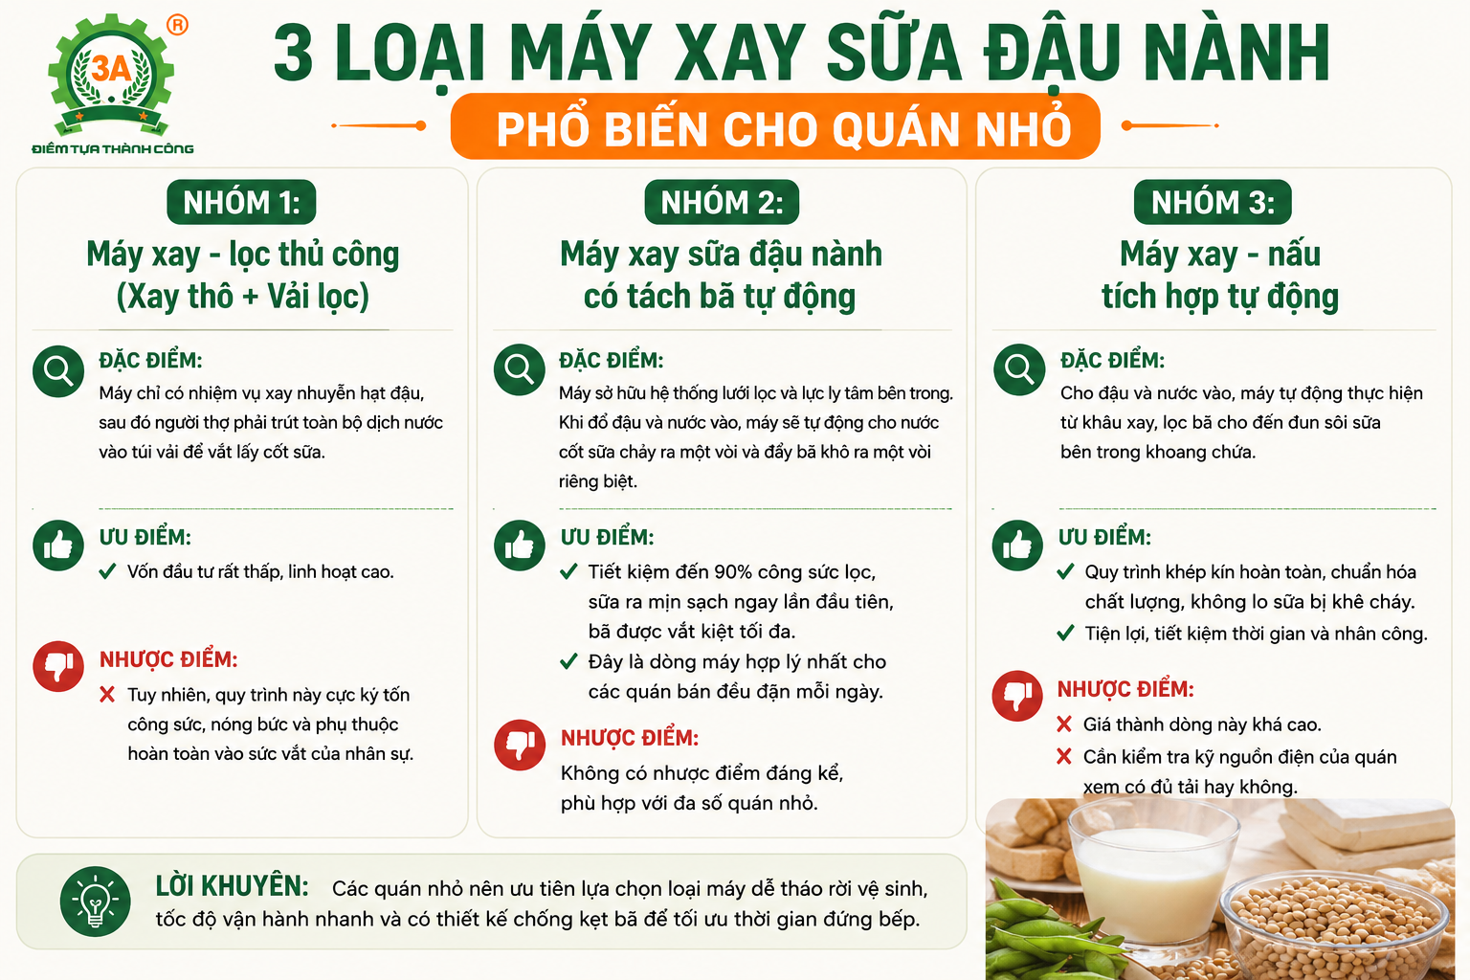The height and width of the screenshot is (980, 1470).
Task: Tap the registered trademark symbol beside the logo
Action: coord(177,25)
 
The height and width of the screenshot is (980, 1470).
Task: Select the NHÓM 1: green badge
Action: coord(241,202)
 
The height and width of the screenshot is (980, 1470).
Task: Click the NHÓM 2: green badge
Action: coord(722,202)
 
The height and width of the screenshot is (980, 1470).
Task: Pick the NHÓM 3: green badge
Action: coord(1213,202)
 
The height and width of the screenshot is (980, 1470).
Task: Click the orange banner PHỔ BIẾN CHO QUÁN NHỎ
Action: coord(775,126)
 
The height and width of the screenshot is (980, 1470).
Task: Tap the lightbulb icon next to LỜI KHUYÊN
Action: coord(95,902)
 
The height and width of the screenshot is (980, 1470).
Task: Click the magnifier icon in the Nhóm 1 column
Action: coord(58,371)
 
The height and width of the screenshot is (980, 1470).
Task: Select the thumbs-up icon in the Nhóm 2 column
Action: coord(520,546)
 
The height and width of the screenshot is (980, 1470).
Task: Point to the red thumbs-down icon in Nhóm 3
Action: coord(1017,696)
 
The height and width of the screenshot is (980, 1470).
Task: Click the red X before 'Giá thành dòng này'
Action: coord(1064,724)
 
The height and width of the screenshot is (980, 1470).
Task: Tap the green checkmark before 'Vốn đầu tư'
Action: coord(107,571)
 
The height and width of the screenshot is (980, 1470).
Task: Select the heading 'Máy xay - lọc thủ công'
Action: coord(243,256)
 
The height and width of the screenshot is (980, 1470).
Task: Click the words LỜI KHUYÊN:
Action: coord(233,887)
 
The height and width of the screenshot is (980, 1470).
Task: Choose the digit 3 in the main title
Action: coord(294,53)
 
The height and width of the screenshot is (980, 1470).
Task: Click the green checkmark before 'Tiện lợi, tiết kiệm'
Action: coord(1066,634)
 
